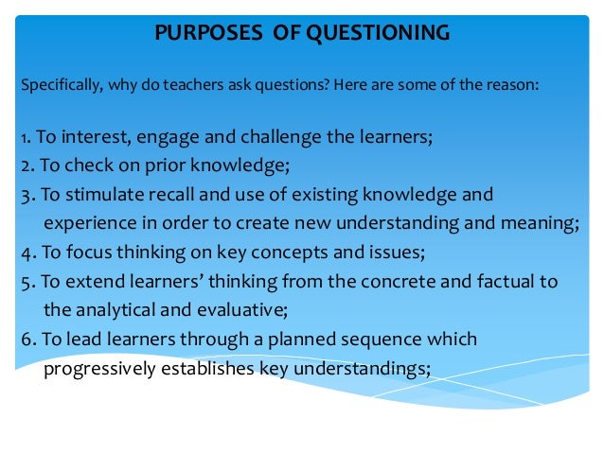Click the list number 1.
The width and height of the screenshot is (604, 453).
23,136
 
